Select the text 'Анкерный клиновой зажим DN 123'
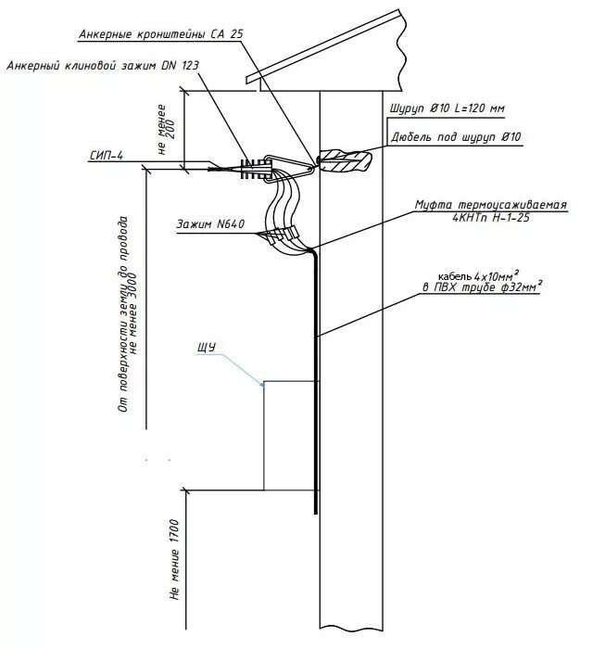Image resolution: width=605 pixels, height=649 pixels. [x=102, y=66]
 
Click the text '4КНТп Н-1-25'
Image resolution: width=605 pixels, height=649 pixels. [x=492, y=218]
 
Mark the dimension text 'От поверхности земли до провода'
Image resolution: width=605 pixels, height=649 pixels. [x=120, y=315]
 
